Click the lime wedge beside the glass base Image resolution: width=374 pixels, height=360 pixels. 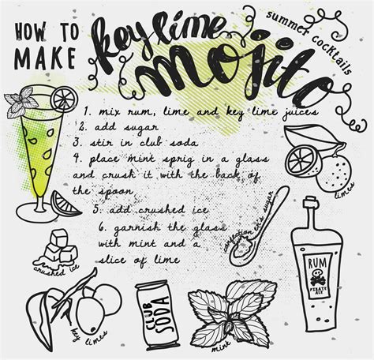coord(64,203)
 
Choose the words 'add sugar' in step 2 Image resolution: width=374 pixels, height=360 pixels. coord(118,126)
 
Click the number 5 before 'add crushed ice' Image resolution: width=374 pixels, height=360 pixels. coord(95,209)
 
